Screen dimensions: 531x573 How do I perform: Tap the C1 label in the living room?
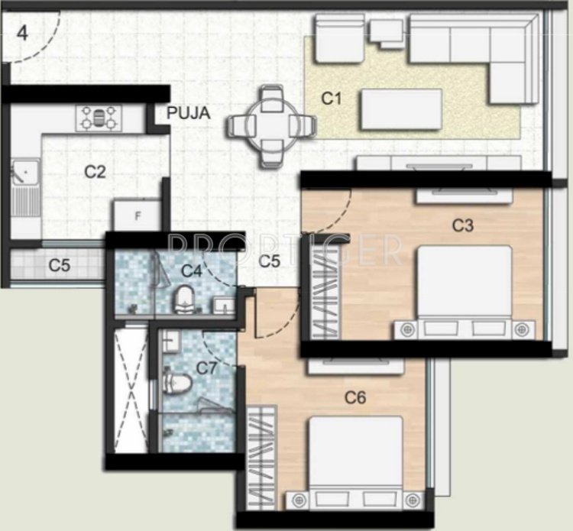click(x=330, y=98)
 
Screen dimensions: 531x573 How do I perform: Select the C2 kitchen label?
click(x=95, y=172)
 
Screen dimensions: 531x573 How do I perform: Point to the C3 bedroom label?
click(x=463, y=225)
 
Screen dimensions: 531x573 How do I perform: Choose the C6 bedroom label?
click(x=355, y=397)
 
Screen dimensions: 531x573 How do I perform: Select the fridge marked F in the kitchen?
click(x=138, y=215)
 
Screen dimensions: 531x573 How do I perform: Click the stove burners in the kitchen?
click(x=99, y=117)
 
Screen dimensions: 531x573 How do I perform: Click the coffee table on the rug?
click(x=402, y=105)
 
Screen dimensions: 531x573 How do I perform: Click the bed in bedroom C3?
click(x=463, y=289)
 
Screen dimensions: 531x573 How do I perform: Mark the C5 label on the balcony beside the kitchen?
click(x=60, y=266)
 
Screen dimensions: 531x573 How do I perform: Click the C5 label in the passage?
click(x=269, y=261)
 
